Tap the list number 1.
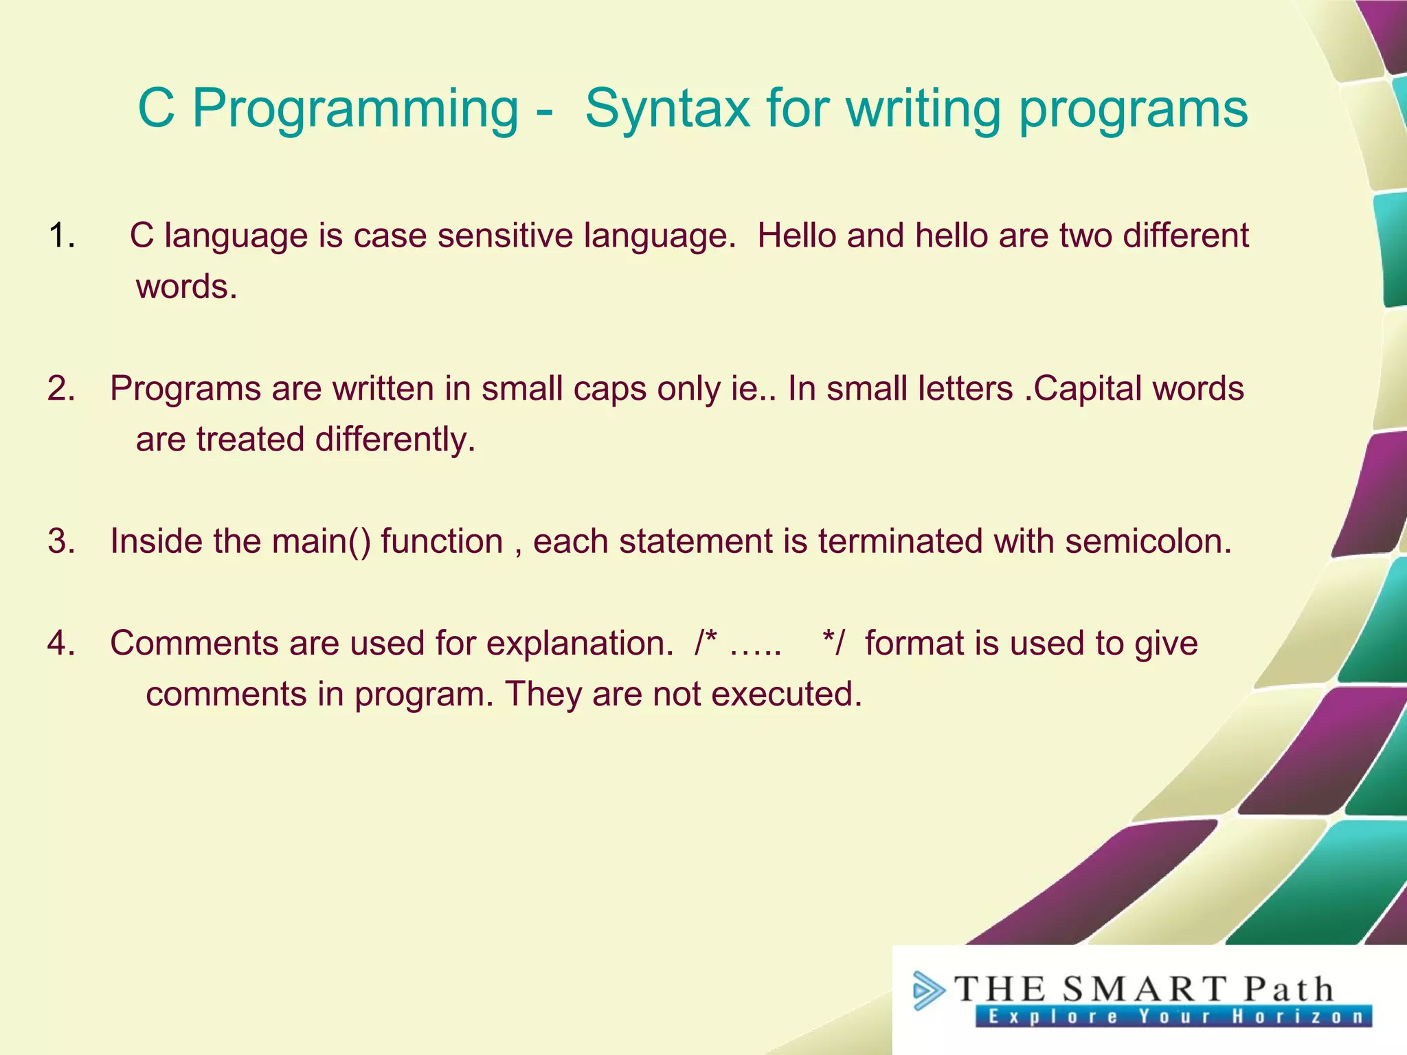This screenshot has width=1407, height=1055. (x=60, y=236)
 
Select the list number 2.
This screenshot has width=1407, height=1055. (x=60, y=389)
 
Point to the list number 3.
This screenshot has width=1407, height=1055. (x=60, y=541)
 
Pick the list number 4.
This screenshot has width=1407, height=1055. (x=60, y=644)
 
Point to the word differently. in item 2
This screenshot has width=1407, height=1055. (x=395, y=440)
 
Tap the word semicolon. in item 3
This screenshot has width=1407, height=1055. (x=1149, y=541)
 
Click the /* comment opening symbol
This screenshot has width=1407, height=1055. (x=706, y=643)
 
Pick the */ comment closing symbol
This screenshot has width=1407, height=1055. (x=833, y=643)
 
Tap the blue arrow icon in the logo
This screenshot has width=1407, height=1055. (x=927, y=990)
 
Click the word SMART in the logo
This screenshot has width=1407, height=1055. (x=1143, y=990)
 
